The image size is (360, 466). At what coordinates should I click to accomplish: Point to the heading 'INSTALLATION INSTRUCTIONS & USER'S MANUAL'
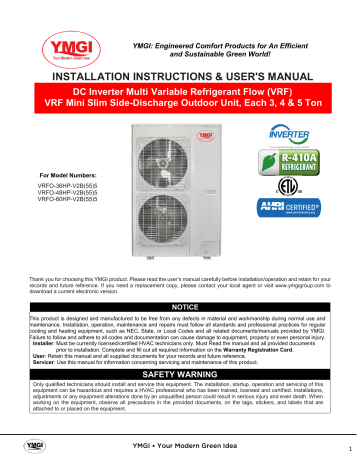tap(180, 75)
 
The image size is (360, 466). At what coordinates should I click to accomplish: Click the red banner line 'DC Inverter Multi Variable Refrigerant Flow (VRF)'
tap(180, 89)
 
